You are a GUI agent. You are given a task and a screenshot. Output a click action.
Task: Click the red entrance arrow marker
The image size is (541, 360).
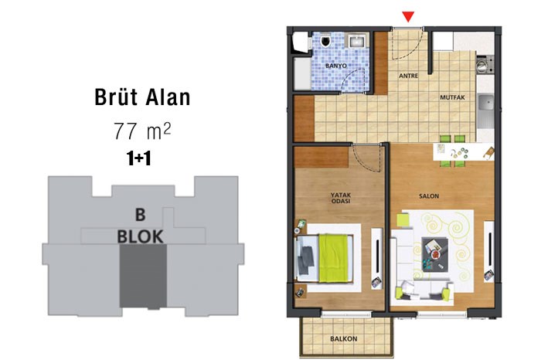click(408, 17)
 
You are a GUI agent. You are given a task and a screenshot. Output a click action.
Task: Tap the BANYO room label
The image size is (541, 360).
click(336, 66)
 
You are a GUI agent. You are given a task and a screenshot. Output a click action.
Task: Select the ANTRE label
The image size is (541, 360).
click(409, 76)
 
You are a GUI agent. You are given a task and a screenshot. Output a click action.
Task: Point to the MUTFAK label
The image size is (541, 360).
click(452, 97)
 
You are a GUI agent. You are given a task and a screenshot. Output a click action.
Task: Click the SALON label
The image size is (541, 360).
click(429, 196)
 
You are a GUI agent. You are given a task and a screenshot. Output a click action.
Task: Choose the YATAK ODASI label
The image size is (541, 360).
click(341, 198)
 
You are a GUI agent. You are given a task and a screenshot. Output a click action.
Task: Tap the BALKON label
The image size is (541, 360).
click(344, 338)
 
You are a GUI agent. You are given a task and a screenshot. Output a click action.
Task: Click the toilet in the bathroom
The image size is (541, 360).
click(325, 40)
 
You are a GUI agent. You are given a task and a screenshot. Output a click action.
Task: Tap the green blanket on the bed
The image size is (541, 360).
click(333, 258)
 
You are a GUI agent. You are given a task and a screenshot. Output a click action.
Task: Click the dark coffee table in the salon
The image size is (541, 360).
click(435, 254)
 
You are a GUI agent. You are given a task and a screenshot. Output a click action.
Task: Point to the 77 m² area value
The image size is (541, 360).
click(142, 131)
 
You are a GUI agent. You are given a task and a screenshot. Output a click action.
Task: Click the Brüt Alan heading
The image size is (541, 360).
click(142, 97)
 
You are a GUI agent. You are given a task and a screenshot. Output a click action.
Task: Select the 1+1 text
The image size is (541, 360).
click(138, 158)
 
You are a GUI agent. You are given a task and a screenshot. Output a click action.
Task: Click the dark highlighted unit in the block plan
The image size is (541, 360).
click(143, 276)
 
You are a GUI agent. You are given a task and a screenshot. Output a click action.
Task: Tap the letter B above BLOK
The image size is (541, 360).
click(140, 215)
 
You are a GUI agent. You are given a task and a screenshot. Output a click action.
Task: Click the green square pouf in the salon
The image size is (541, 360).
click(403, 220)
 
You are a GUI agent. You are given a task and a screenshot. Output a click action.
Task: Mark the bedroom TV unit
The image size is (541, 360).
click(377, 258)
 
